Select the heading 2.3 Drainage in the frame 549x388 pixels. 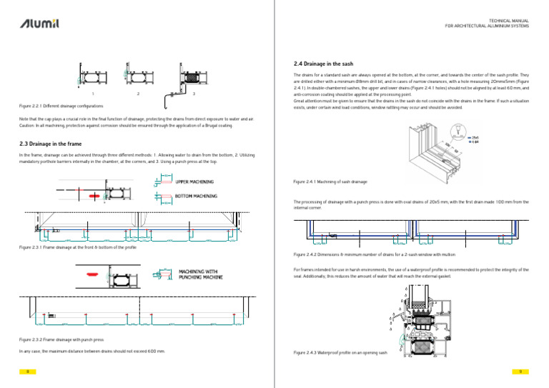click(52, 144)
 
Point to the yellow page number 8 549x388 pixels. click(26, 372)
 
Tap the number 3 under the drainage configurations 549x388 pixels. click(194, 94)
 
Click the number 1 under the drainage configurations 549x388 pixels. click(92, 94)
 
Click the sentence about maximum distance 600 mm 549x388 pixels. click(91, 352)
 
